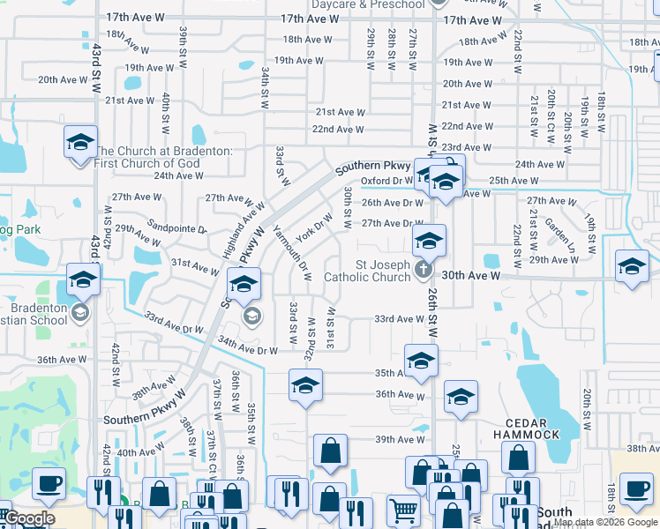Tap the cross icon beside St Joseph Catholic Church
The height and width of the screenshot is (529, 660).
423,271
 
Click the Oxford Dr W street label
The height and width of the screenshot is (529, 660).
387,181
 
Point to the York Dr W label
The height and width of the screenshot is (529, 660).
314,227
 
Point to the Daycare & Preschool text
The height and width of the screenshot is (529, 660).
368,5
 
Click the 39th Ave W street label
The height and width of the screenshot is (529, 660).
401,440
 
